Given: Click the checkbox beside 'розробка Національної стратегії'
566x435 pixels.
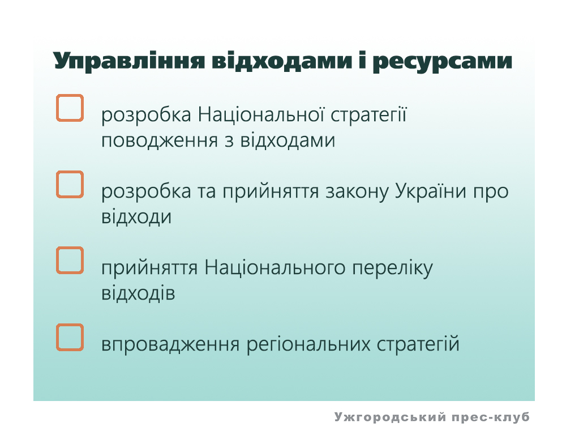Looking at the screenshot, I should (70, 108).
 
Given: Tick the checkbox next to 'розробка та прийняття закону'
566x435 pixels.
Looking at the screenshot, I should (70, 184).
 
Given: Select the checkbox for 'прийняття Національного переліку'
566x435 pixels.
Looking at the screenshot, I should (70, 261).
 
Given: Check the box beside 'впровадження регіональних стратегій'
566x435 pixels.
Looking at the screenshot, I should (70, 337).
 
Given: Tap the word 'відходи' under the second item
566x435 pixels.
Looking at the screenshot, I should (136, 217).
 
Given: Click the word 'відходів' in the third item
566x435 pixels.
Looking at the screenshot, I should (138, 293).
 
